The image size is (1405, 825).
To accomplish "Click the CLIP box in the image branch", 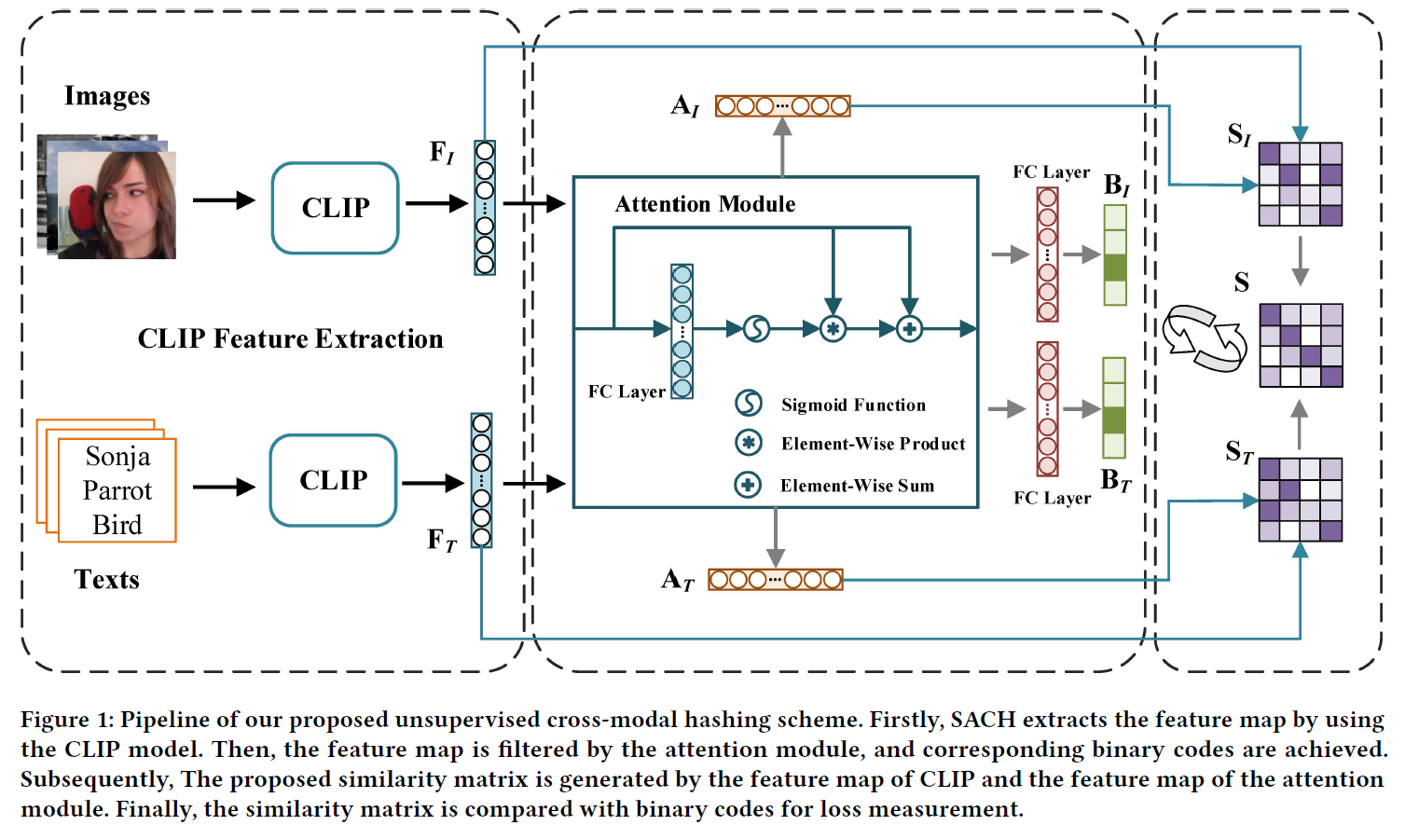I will [336, 208].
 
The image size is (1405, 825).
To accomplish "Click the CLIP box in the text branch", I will [334, 480].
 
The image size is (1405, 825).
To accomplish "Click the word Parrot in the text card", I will [117, 490].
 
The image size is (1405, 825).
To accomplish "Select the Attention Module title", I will [705, 204].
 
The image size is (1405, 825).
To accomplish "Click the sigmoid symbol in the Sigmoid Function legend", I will [749, 404].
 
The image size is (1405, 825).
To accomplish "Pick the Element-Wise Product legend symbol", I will [749, 443].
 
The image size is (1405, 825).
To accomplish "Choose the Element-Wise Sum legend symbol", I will [748, 485].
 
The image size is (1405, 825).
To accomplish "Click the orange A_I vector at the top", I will [782, 106].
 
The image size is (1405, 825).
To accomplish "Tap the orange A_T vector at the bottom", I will [775, 580].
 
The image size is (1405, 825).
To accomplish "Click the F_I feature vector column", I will [485, 208].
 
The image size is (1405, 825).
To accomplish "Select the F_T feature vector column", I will [481, 480].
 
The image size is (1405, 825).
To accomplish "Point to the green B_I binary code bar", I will [1115, 254].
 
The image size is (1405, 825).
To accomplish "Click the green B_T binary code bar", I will [1114, 407].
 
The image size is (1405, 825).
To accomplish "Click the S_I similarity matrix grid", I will [1301, 185].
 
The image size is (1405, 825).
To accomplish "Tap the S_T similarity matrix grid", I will [1301, 500].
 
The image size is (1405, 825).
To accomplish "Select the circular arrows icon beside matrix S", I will [1205, 338].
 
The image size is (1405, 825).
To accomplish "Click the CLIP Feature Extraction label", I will [290, 338].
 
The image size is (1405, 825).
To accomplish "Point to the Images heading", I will [107, 96].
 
